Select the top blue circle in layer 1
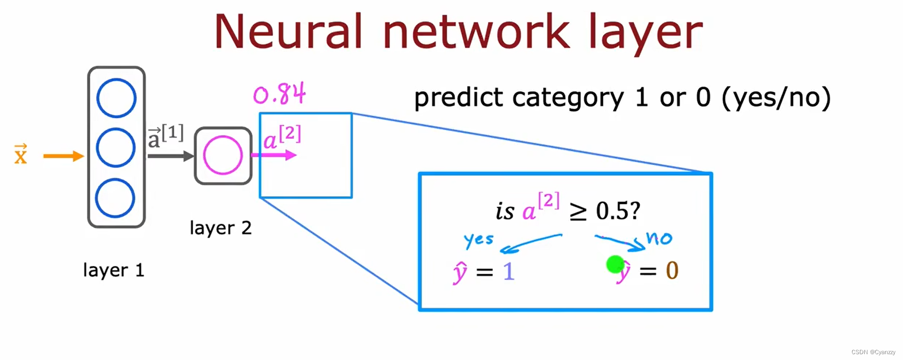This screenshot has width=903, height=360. (116, 98)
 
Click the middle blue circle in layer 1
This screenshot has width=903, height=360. (116, 147)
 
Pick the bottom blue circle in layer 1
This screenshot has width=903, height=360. (115, 198)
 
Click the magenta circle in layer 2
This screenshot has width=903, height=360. (223, 155)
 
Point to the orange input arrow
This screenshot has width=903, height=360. (63, 156)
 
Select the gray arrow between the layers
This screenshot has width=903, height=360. (170, 156)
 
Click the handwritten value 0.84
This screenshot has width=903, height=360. (279, 94)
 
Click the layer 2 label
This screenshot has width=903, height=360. (221, 228)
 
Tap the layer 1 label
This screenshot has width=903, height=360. (113, 270)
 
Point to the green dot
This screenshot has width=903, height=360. (615, 264)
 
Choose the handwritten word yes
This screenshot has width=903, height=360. (478, 240)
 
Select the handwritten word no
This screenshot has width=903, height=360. (659, 238)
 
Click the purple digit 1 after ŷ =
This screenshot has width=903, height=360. (508, 271)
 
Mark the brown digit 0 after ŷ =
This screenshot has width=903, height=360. (672, 271)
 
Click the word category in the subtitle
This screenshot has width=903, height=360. (568, 98)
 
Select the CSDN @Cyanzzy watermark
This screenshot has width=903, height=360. (873, 352)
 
